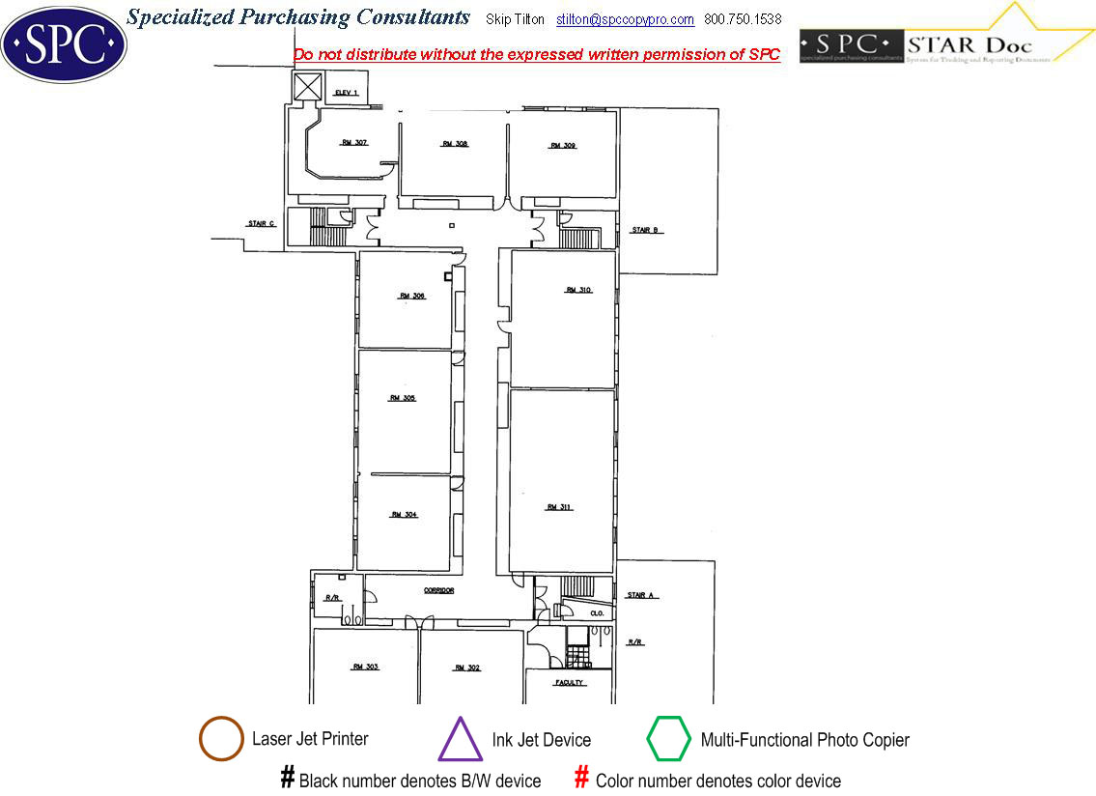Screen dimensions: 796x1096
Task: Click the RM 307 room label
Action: [x=354, y=142]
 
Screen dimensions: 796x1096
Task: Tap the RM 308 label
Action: [x=455, y=144]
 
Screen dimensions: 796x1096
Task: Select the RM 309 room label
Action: [x=563, y=146]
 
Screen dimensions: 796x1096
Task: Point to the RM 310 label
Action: [x=578, y=290]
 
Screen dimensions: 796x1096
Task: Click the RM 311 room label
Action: [x=559, y=507]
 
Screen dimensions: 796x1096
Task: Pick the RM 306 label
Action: [x=412, y=297]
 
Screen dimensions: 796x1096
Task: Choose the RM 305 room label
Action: [x=403, y=398]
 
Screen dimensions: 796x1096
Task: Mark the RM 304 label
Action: [x=404, y=515]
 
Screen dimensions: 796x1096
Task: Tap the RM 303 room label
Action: [x=365, y=668]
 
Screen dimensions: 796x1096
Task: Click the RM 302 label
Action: [x=467, y=668]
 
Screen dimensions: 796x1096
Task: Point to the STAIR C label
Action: [x=262, y=224]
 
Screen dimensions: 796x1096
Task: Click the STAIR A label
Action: [x=642, y=595]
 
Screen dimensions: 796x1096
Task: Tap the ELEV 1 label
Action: [x=346, y=93]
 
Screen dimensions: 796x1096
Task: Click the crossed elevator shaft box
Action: [x=308, y=88]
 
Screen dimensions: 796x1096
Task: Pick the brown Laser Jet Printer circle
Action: [x=221, y=740]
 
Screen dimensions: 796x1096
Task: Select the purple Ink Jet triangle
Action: [x=461, y=740]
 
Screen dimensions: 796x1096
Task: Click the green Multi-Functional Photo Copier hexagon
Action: [x=668, y=740]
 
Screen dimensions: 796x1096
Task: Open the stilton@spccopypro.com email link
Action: [x=625, y=19]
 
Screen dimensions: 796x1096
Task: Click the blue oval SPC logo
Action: [x=64, y=43]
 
